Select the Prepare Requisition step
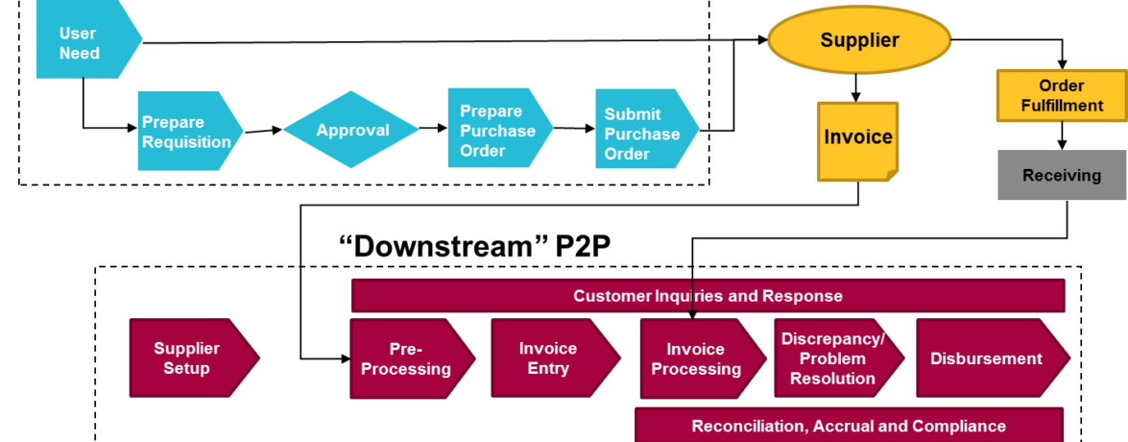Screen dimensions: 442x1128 pos(186,132)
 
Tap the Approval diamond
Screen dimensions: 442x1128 pos(352,130)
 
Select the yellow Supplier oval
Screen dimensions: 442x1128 pos(858,40)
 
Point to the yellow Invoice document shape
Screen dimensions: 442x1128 pos(857,138)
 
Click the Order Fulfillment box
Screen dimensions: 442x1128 pos(1061,95)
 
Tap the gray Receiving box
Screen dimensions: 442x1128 pos(1061,175)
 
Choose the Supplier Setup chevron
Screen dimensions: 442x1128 pos(188,358)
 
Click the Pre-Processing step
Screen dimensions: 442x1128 pos(407,358)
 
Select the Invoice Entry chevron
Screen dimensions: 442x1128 pos(549,358)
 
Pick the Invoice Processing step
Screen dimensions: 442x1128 pos(697,358)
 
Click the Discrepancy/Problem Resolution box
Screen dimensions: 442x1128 pos(832,358)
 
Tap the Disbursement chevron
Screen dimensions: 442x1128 pos(986,358)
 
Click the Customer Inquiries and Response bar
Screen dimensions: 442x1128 pos(708,296)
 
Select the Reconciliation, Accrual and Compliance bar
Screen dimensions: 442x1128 pos(848,426)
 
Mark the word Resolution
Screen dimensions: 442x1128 pos(832,379)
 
